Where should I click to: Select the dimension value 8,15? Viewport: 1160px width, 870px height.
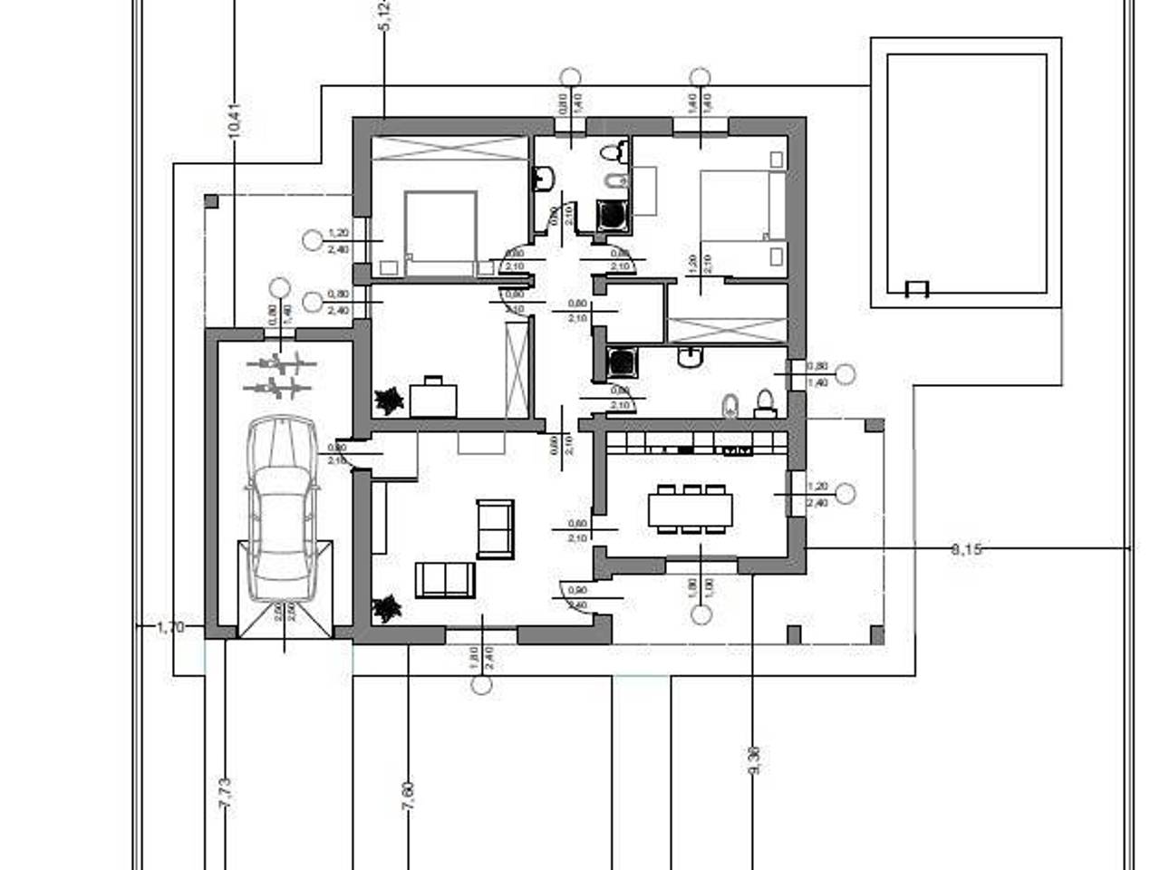coord(966,548)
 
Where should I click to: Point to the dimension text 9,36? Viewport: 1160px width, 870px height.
coord(754,759)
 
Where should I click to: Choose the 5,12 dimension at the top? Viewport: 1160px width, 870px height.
coord(384,16)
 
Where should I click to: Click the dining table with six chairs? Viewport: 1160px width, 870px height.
coord(691,509)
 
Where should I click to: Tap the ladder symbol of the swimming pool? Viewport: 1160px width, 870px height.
coord(918,289)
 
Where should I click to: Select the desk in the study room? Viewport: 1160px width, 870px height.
coord(433,396)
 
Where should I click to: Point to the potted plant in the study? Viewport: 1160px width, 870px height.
coord(389,400)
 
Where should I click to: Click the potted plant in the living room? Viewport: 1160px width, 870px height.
coord(387,608)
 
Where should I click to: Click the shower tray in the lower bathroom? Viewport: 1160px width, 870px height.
coord(622,362)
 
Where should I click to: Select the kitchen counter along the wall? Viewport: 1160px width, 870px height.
coord(695,443)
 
